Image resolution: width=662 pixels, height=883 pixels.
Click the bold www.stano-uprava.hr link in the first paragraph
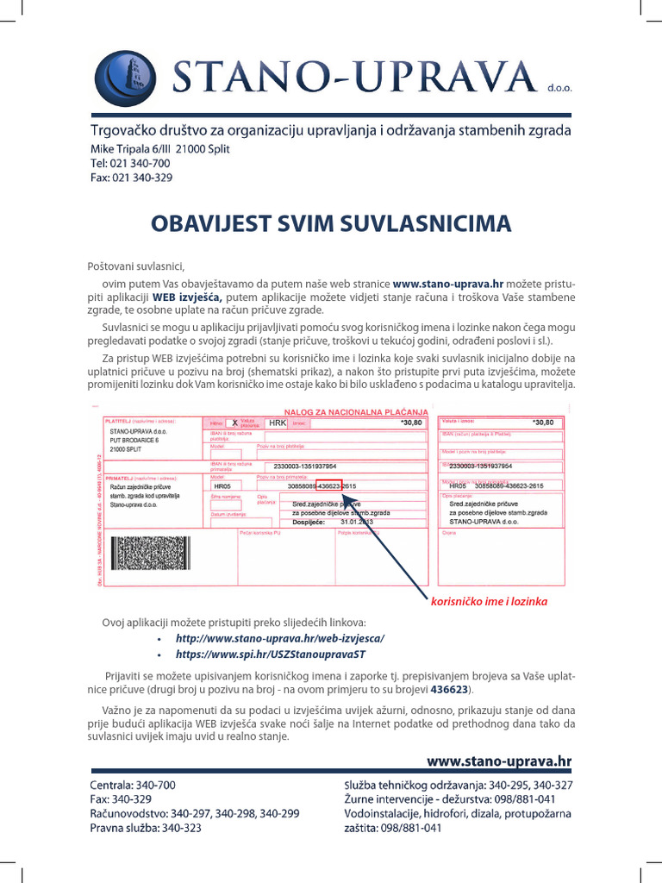click(447, 283)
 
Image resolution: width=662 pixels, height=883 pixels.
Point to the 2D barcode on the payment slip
click(151, 553)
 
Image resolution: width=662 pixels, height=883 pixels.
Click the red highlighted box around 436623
click(328, 485)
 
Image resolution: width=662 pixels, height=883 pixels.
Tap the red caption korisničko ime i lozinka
click(489, 601)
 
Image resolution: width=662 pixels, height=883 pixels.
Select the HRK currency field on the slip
click(277, 423)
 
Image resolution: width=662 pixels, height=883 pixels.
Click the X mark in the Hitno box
click(234, 423)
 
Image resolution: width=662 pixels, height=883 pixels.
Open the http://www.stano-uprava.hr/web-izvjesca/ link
click(279, 638)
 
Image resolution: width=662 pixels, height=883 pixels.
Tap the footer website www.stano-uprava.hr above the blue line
click(499, 761)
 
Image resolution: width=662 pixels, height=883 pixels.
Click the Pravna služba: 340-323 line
click(146, 828)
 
